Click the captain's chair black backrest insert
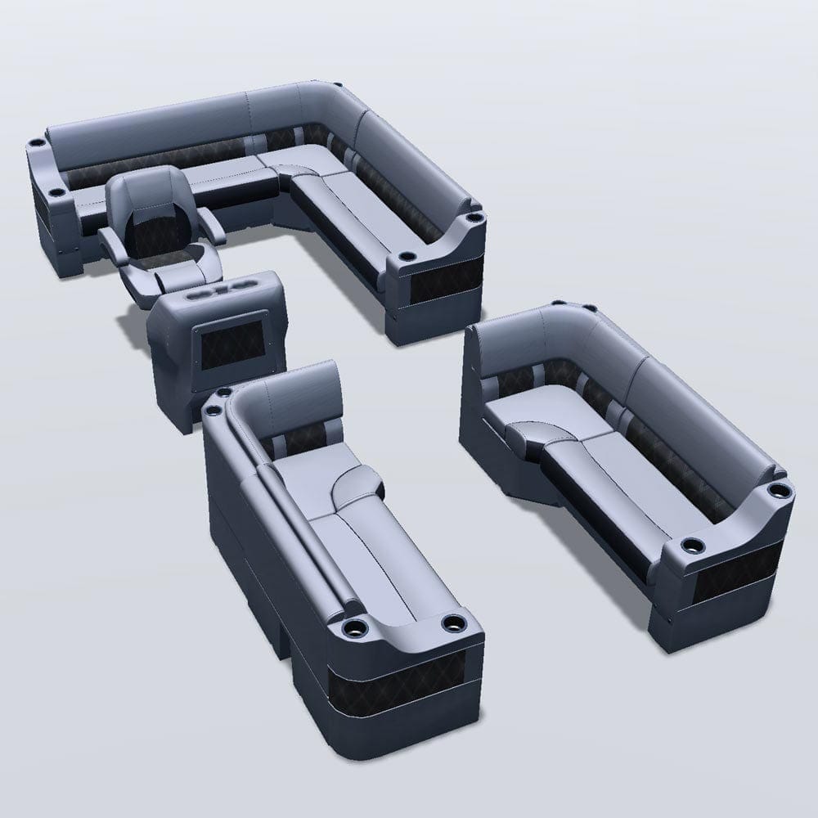click(152, 230)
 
